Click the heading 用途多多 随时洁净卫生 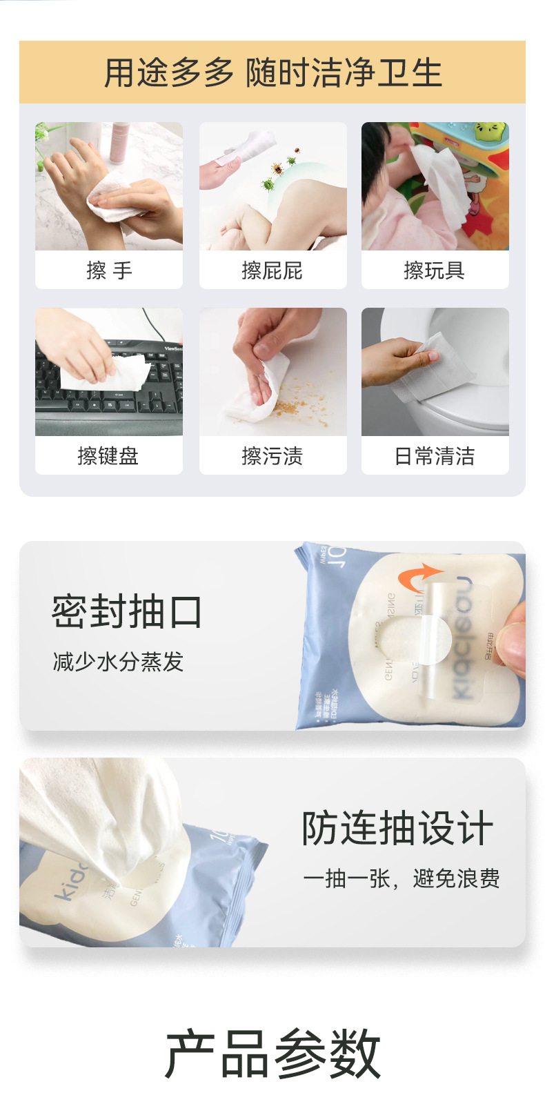[x=272, y=72]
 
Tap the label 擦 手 [x=109, y=270]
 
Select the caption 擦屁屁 [x=272, y=270]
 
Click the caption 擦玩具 [x=435, y=270]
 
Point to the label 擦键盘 [x=108, y=456]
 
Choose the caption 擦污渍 [x=272, y=456]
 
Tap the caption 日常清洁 [x=435, y=456]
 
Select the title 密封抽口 [x=127, y=612]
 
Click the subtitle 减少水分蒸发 [x=118, y=662]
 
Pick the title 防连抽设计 [x=398, y=829]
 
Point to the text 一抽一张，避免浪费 [x=402, y=878]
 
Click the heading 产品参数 [x=272, y=1053]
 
